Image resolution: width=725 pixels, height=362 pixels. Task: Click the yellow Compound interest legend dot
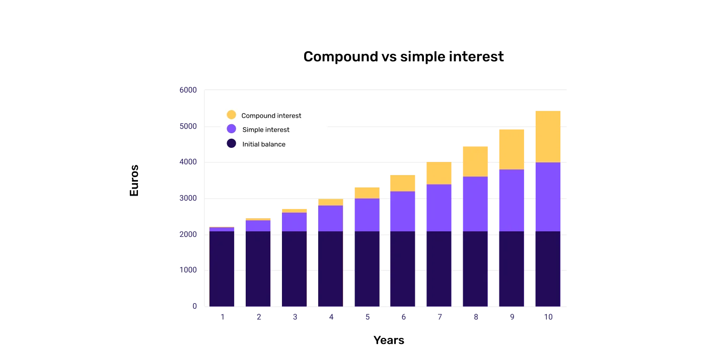click(231, 115)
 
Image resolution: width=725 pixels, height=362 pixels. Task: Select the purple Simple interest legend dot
click(231, 129)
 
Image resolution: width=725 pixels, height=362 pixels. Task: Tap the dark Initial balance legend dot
click(231, 143)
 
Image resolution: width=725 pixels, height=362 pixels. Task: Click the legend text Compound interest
click(271, 116)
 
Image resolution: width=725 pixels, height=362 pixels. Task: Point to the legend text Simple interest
click(266, 130)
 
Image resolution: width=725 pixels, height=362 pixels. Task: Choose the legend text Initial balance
click(264, 144)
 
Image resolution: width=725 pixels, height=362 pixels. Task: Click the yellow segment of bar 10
click(547, 136)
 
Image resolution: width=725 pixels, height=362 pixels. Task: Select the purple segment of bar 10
click(547, 197)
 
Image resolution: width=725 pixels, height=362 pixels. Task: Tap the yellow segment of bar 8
click(475, 161)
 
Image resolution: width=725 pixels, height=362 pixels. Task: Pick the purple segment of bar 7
click(439, 208)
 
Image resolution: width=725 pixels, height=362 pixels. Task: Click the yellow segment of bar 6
click(402, 183)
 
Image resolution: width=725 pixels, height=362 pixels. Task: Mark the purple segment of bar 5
click(367, 215)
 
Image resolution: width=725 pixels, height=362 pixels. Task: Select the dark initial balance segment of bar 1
click(222, 268)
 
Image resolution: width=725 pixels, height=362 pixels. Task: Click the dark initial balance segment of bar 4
click(330, 268)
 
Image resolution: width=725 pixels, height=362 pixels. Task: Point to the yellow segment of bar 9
click(511, 149)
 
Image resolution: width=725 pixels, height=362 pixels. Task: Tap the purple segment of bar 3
click(294, 222)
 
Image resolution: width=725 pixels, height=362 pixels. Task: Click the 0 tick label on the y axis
click(193, 306)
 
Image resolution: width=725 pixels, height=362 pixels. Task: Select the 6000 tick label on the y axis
click(187, 89)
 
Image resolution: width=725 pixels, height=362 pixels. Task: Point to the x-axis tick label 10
click(549, 318)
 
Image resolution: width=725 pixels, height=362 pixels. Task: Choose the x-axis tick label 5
click(367, 318)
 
